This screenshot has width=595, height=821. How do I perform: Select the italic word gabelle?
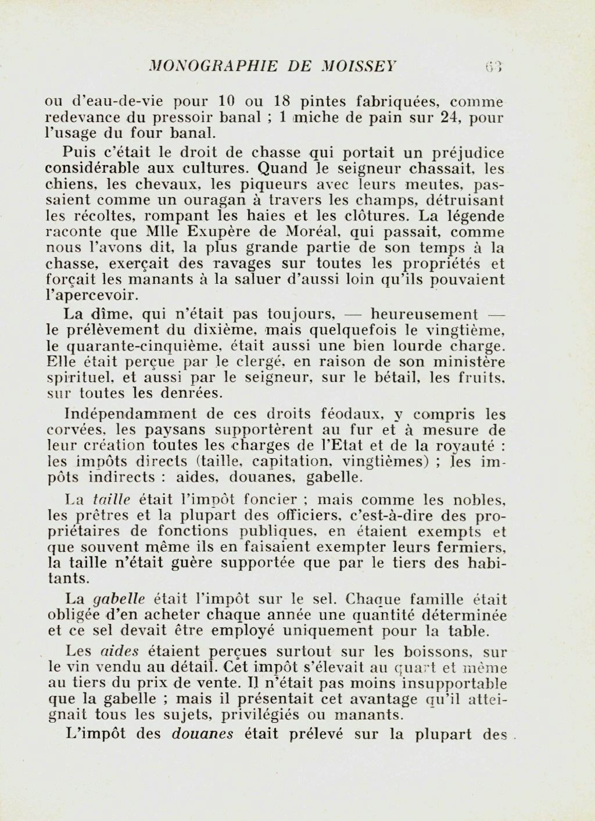[x=119, y=599]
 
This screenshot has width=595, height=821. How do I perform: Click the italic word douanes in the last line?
[x=203, y=734]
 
